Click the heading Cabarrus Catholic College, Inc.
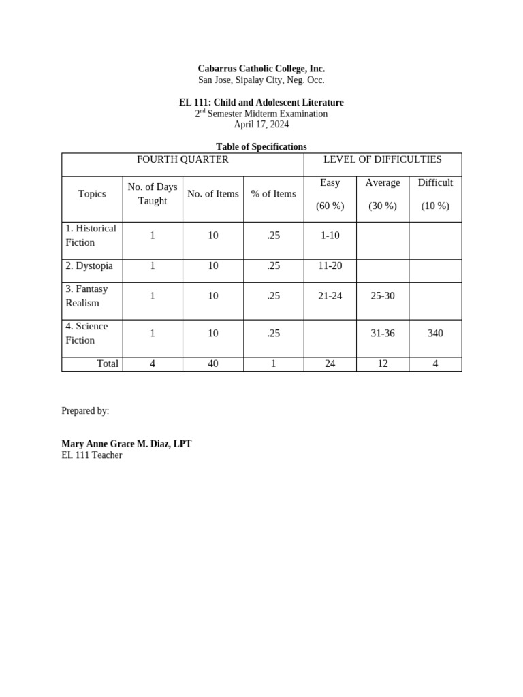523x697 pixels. [x=261, y=69]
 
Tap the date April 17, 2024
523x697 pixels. [x=261, y=125]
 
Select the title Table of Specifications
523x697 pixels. [x=261, y=146]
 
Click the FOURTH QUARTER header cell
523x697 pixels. [x=183, y=160]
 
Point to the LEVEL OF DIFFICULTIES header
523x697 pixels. [x=382, y=160]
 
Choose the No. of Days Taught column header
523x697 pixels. [x=153, y=194]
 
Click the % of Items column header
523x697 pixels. [x=273, y=194]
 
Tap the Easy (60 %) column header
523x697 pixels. [x=330, y=194]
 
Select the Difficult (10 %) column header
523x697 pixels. [x=435, y=194]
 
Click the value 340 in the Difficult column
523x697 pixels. [x=435, y=334]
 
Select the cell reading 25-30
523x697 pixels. [x=382, y=296]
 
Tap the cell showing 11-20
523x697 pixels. [x=330, y=266]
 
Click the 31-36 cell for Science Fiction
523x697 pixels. [x=382, y=334]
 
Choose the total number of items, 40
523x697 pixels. [x=213, y=364]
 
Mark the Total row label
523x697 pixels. [x=108, y=364]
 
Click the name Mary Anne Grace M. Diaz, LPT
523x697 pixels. [x=127, y=444]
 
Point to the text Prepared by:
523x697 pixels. [x=85, y=411]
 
